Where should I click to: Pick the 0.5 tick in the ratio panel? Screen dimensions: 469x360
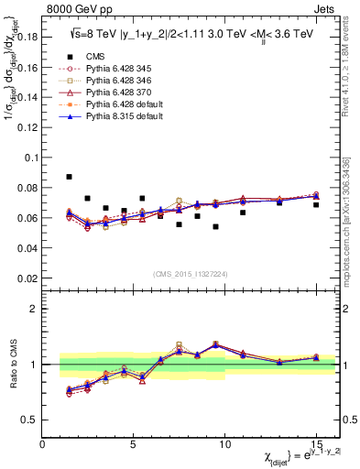pos(27,420)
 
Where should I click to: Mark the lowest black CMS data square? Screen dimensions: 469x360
pos(215,226)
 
